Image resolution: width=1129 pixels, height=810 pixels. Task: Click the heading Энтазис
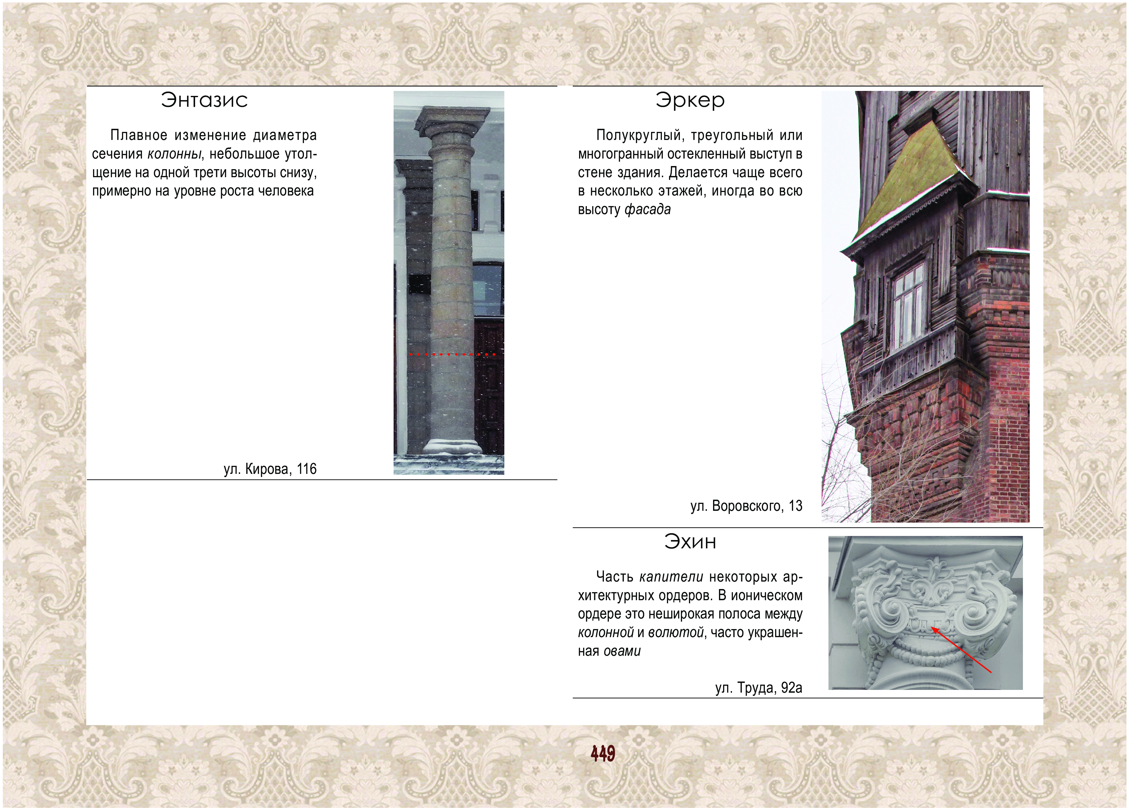[x=204, y=100]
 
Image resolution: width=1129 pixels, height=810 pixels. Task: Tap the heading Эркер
[x=690, y=100]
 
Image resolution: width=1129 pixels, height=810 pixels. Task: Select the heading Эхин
[x=690, y=542]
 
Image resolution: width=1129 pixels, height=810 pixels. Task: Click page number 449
[x=603, y=754]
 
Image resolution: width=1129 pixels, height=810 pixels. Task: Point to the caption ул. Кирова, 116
[x=270, y=469]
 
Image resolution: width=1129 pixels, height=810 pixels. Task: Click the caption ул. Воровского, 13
[x=746, y=506]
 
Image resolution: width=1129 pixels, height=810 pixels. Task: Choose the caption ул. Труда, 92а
[x=759, y=688]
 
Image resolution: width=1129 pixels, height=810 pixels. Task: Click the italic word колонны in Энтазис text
[x=174, y=154]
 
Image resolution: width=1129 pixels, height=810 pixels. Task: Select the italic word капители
[x=671, y=577]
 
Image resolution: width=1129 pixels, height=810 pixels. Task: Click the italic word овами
[x=622, y=651]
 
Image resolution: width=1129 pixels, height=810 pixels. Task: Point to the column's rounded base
[x=452, y=446]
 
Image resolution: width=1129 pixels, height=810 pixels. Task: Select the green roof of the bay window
[x=913, y=179]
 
